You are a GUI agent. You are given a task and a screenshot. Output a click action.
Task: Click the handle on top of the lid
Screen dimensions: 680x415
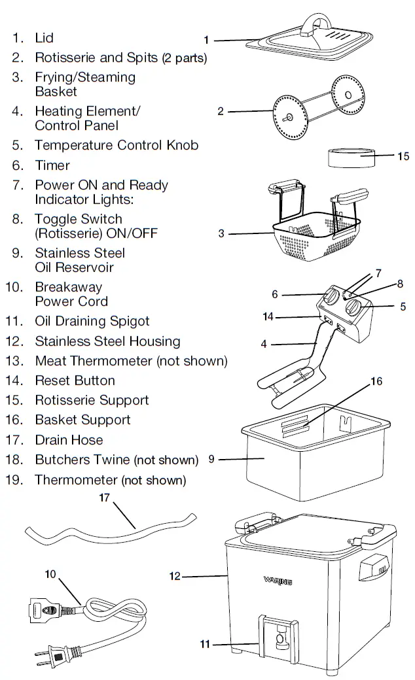[x=316, y=22]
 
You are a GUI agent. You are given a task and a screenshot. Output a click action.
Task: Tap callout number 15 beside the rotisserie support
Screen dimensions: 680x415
[x=403, y=156]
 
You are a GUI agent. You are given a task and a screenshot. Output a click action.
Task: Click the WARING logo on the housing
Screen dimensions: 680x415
[x=278, y=580]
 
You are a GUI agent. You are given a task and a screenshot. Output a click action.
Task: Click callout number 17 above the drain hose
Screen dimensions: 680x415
[x=105, y=498]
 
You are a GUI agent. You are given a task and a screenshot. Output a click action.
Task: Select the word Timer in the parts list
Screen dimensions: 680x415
[x=52, y=165]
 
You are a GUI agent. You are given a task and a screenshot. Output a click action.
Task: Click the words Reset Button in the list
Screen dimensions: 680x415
[x=75, y=381]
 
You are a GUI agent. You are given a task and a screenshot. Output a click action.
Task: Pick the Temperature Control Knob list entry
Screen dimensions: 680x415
[x=117, y=145]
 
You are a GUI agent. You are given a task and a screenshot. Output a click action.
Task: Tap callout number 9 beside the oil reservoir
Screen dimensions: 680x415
[x=211, y=459]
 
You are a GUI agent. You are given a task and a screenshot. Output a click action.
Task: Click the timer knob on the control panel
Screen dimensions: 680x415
[x=332, y=297]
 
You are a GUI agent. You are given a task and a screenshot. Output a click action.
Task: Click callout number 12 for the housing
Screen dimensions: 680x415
[x=175, y=576]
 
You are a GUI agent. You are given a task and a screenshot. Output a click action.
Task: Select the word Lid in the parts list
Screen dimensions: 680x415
[x=45, y=39]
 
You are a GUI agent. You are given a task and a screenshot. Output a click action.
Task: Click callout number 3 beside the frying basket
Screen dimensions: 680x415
[x=222, y=233]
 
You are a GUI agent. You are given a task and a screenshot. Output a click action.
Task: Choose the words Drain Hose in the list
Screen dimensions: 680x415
[x=69, y=440]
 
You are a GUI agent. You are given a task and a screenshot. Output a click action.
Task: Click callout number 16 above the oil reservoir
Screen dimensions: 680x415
[x=376, y=381]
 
